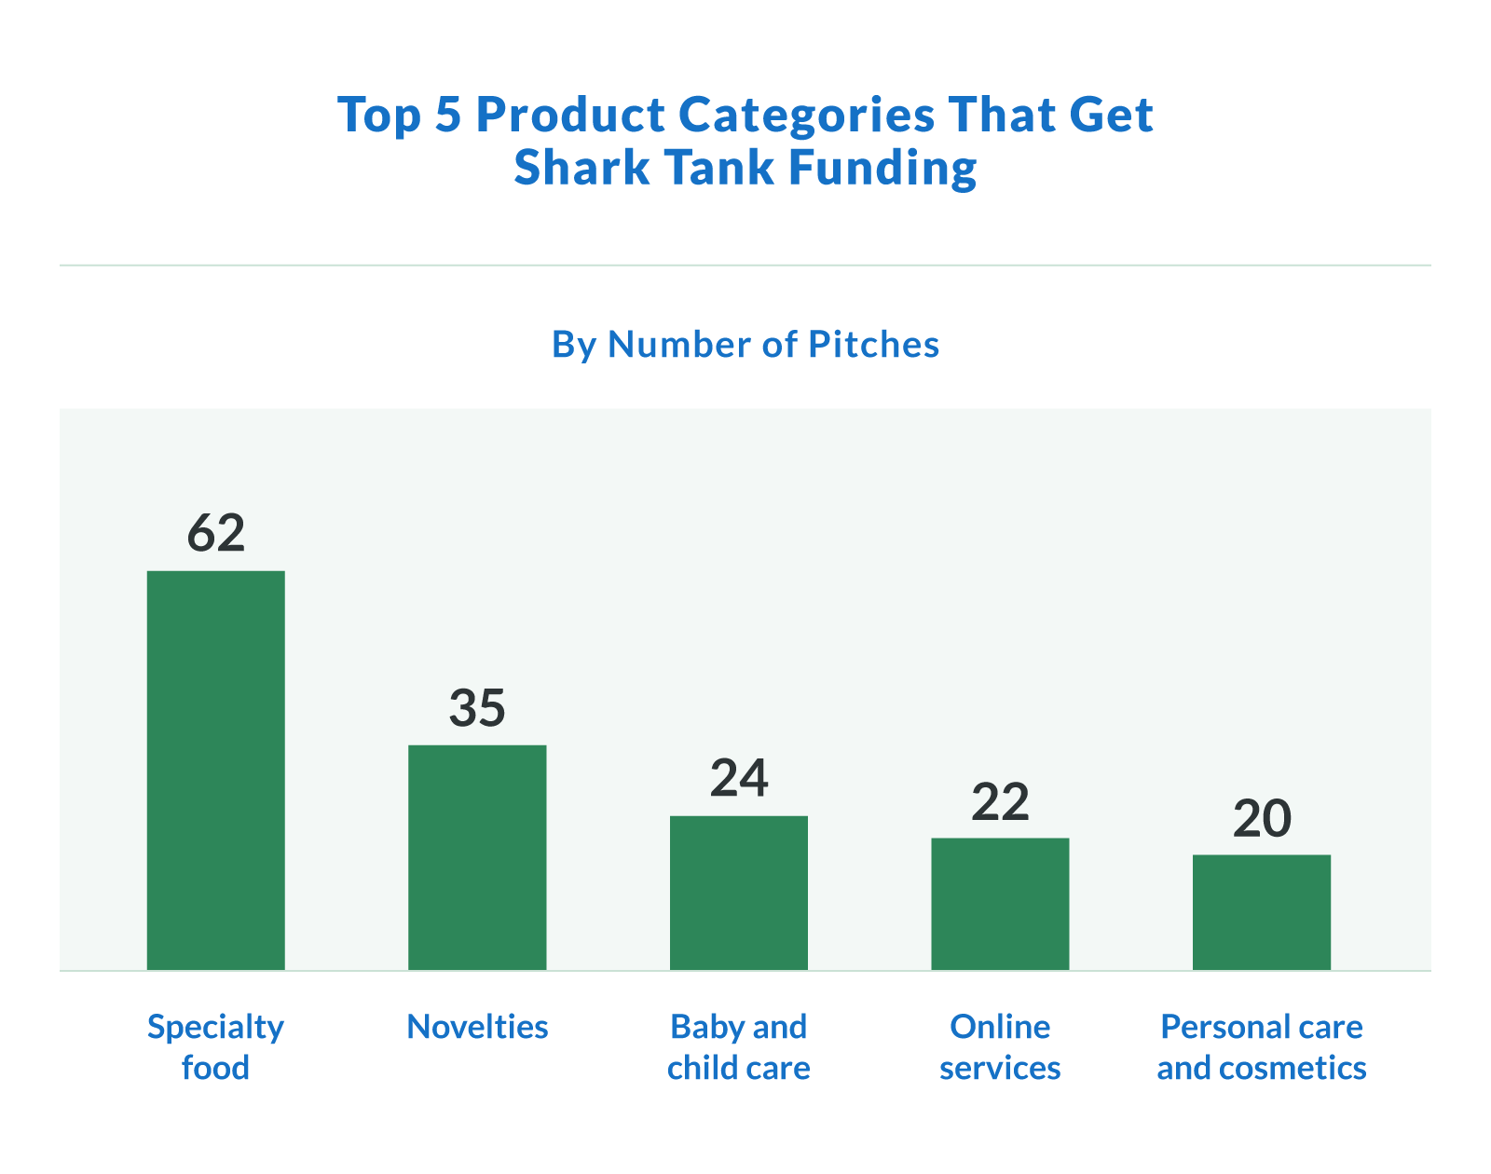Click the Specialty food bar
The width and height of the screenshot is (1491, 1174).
215,770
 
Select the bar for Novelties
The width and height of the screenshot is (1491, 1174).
477,857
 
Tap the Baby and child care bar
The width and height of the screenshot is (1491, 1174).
738,893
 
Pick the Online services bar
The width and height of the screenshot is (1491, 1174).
1000,904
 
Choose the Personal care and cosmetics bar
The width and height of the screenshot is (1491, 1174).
1261,912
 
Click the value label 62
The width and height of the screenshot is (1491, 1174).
215,533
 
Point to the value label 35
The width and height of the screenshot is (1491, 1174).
477,708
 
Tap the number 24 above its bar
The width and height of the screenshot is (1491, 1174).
738,779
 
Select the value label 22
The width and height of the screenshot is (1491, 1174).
1000,801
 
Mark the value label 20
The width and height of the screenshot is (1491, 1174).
1261,818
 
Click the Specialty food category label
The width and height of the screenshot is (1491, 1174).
215,1046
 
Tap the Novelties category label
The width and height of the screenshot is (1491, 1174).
477,1027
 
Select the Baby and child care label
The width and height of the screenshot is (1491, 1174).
738,1046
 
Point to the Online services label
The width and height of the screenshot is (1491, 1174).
1000,1046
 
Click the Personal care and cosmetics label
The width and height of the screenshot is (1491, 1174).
1261,1046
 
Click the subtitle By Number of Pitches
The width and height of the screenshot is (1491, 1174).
745,345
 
